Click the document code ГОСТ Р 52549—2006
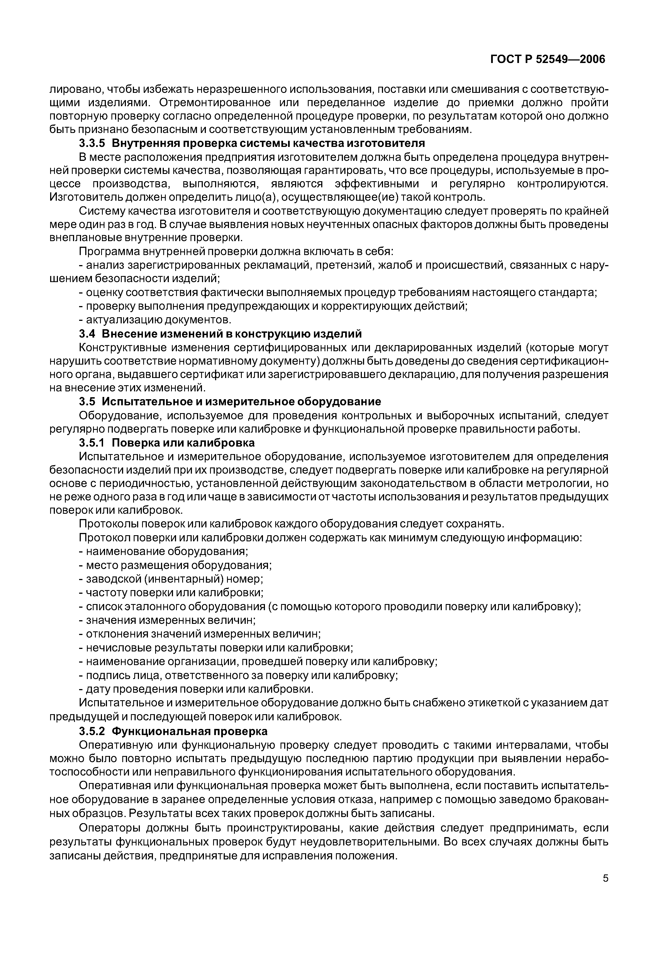548,59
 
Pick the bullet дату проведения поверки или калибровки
196,689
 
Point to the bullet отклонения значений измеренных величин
200,634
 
